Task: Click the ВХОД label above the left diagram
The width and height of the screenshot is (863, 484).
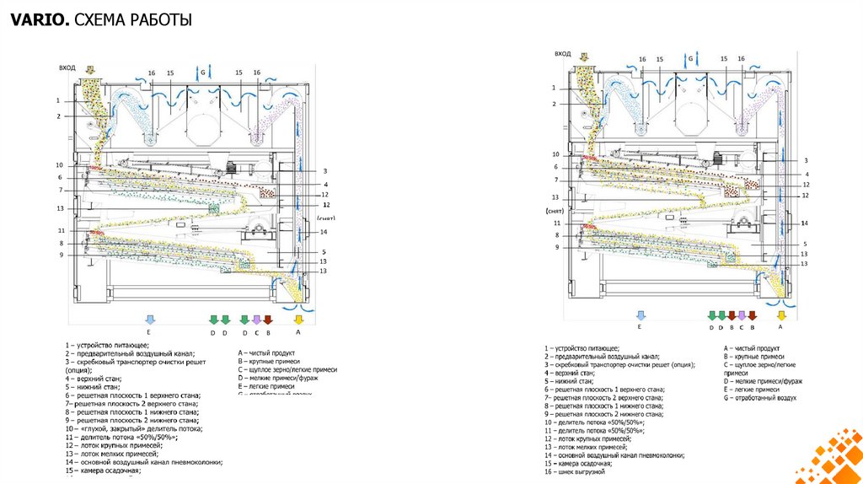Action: [x=67, y=67]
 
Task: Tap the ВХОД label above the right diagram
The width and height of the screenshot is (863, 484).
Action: [x=562, y=54]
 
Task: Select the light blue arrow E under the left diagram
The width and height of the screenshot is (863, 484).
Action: [x=150, y=320]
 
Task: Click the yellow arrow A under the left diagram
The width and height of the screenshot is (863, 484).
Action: [x=297, y=320]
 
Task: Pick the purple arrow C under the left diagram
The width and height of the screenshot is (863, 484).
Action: [x=256, y=320]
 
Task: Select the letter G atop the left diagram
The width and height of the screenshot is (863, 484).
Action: [x=201, y=73]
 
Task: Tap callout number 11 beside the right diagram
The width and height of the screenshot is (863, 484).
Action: [x=556, y=223]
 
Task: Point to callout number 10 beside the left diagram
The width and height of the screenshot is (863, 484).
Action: [x=60, y=164]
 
